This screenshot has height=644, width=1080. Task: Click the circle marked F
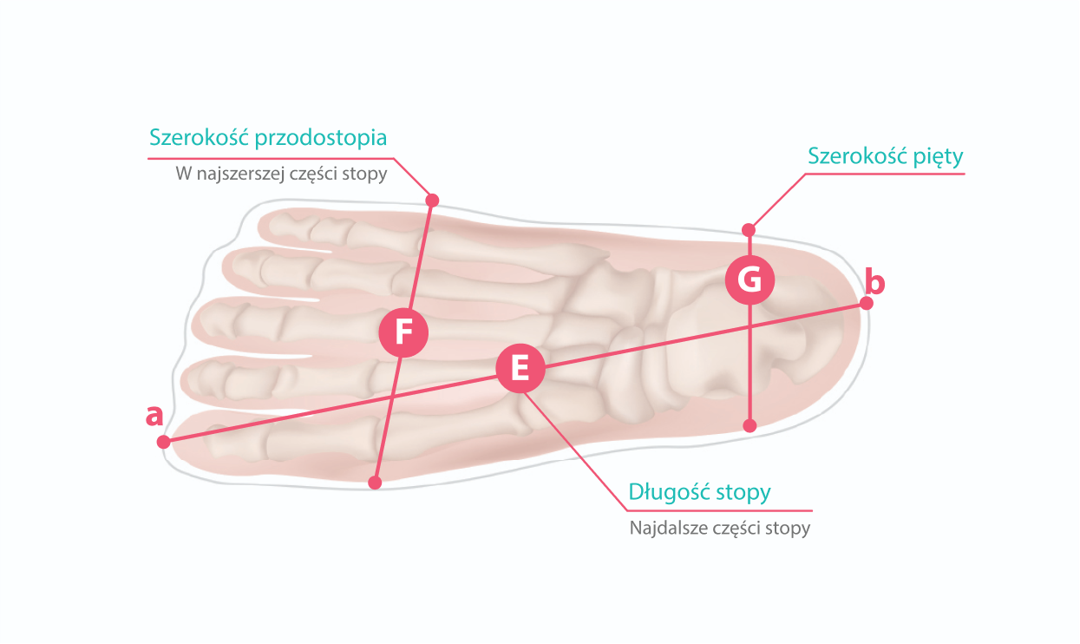pos(403,332)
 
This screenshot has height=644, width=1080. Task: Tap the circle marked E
pos(520,369)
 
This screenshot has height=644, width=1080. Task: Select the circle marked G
pos(749,279)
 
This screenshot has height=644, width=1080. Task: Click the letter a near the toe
pos(154,416)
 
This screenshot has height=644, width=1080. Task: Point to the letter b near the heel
pos(876,282)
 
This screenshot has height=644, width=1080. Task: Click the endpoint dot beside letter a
pos(163,442)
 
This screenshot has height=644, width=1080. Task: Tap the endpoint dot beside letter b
pos(866,303)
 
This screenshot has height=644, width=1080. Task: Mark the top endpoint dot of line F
pos(433,200)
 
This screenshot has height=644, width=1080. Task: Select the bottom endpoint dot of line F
pos(375,483)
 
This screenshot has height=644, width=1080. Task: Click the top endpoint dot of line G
pos(749,230)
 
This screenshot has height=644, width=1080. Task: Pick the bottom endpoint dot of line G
pos(750,425)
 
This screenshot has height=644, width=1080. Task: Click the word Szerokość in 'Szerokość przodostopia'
pos(200,138)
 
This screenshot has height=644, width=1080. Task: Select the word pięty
pos(939,157)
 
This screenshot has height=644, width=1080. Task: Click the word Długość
pos(669,493)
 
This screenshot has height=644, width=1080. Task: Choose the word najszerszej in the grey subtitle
pos(239,174)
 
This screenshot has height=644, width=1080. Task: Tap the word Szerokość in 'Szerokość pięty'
pos(857,156)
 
